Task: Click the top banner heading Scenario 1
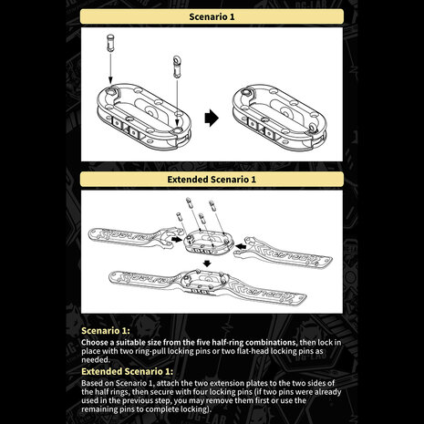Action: tap(212, 16)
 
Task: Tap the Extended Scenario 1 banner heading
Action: tap(212, 180)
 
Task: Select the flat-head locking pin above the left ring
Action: tap(110, 43)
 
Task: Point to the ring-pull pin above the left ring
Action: tap(176, 67)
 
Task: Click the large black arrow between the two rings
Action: tap(212, 118)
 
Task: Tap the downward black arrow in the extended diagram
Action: tap(207, 264)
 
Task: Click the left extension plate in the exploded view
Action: tap(134, 237)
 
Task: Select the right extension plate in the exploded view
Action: tap(283, 253)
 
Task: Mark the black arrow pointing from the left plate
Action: tap(178, 240)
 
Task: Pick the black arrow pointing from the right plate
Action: tap(241, 246)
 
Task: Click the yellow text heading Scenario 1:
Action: tap(106, 331)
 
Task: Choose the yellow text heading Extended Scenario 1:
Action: tap(127, 371)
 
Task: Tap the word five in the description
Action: tap(204, 343)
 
